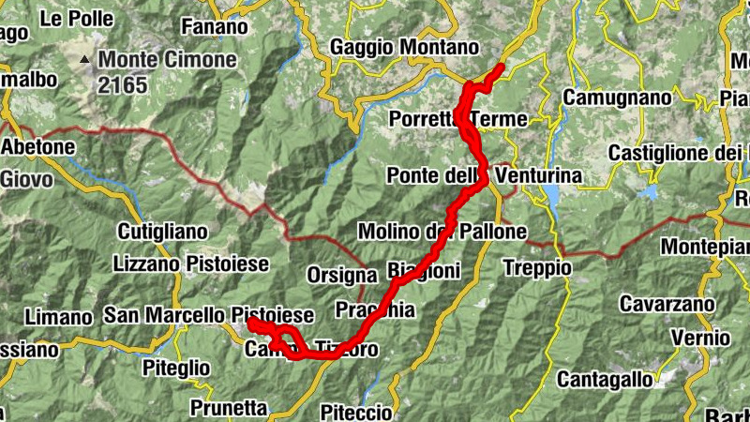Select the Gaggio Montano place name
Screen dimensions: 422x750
[404, 47]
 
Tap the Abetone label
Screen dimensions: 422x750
[37, 147]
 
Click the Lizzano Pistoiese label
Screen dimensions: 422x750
[190, 264]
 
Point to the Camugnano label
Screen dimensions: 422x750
[617, 98]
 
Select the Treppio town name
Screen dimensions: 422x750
[536, 268]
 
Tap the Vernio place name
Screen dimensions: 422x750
[706, 338]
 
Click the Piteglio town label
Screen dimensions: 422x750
[175, 369]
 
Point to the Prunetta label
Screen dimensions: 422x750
[228, 408]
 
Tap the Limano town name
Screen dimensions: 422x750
[59, 316]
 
